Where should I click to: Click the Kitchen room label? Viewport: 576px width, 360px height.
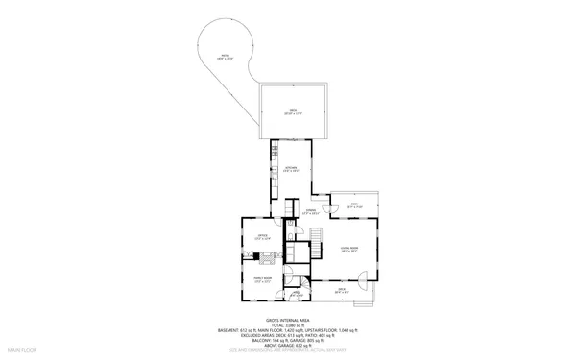[x=291, y=168]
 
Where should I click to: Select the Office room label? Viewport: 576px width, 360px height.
[x=262, y=236]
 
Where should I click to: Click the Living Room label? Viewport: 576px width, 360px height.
[x=349, y=249]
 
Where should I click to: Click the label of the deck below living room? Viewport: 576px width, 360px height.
[x=341, y=290]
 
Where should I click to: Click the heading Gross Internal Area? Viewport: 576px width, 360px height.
[x=287, y=320]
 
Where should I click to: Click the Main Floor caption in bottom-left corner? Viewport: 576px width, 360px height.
[x=21, y=352]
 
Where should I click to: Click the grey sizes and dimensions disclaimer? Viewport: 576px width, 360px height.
[x=287, y=351]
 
